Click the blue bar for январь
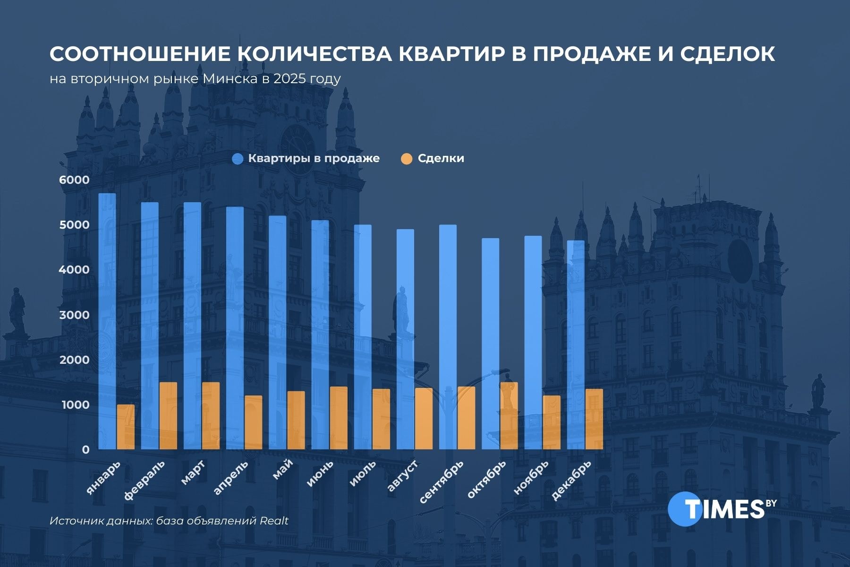click(107, 321)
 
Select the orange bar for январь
click(126, 427)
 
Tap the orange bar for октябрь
click(509, 416)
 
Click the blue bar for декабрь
click(576, 345)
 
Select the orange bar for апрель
click(254, 422)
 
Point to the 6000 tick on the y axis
click(74, 180)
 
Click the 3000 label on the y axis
click(74, 315)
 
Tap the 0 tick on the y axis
click(85, 450)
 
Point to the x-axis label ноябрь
click(531, 477)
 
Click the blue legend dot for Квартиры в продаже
click(238, 159)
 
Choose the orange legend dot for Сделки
click(407, 159)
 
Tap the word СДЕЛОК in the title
click(727, 54)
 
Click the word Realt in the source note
click(274, 521)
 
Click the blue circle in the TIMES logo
click(685, 509)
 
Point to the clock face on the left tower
click(297, 142)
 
